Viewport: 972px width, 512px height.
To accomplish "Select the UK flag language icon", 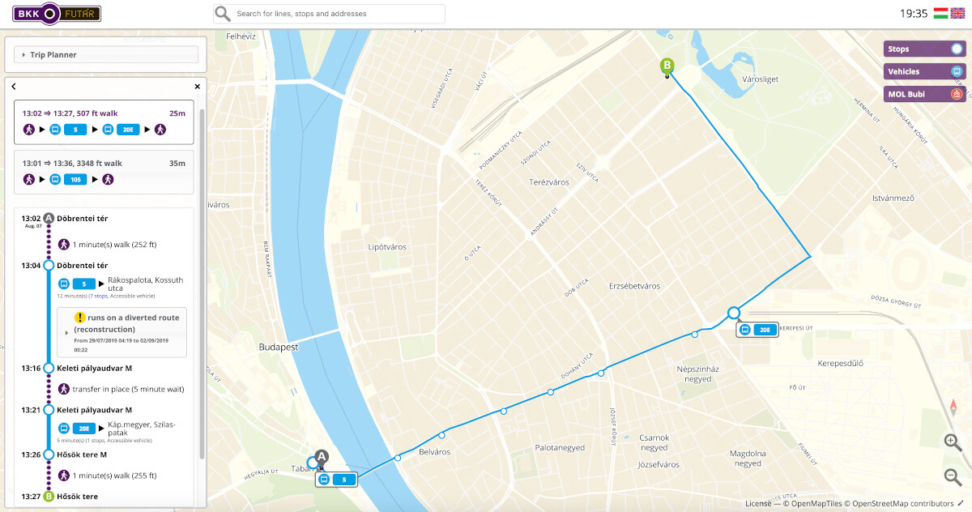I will pos(958,13).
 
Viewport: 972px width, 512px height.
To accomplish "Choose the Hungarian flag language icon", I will pos(940,13).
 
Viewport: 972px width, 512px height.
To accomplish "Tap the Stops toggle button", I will pos(924,49).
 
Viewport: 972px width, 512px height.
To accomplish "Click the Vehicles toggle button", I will pos(924,71).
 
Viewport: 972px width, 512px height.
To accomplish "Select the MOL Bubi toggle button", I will pos(924,94).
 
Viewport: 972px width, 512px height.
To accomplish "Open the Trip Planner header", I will pos(106,55).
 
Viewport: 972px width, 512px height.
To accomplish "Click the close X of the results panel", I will pos(197,87).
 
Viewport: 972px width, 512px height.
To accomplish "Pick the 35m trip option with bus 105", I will pos(104,172).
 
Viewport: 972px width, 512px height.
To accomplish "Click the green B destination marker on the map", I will pos(667,66).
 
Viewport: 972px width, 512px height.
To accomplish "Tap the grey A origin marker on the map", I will pos(322,458).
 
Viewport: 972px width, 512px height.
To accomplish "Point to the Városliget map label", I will pos(760,79).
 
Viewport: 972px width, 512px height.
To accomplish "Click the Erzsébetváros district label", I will pos(634,286).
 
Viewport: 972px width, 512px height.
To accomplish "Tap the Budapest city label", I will pos(279,347).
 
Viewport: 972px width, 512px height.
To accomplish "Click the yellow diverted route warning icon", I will pos(79,318).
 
